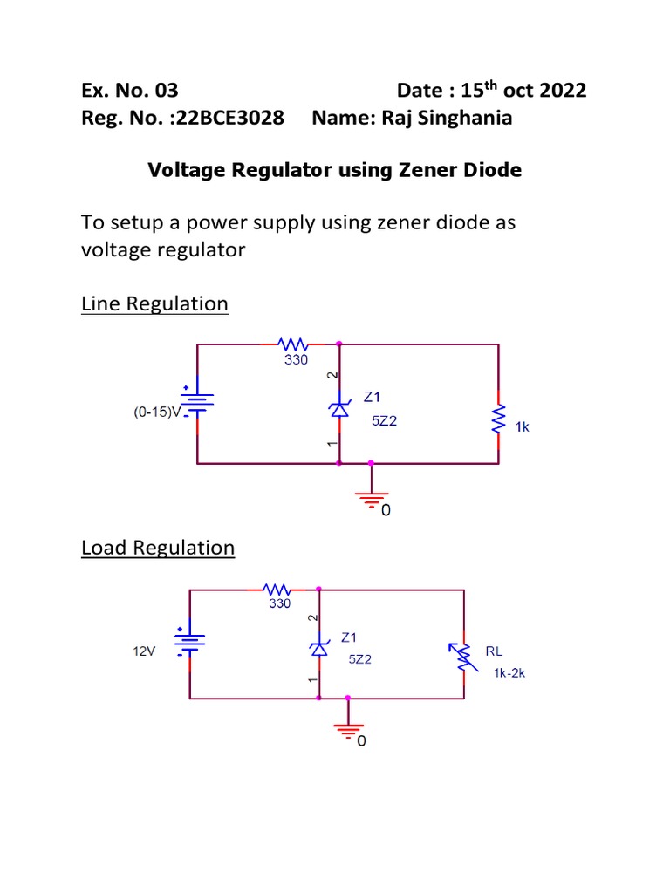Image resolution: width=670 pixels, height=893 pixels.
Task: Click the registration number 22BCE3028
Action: pos(229,119)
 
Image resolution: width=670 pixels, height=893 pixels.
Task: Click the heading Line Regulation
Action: pos(154,304)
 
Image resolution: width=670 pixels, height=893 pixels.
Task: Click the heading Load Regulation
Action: pos(158,548)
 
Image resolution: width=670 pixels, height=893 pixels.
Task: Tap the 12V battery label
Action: pos(144,651)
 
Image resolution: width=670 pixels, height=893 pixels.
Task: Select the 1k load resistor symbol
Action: pos(498,418)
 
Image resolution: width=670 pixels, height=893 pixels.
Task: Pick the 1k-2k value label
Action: pos(509,672)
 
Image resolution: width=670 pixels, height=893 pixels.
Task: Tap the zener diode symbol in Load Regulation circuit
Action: pos(319,647)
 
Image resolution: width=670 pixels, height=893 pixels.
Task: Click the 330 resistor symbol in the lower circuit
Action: pos(278,590)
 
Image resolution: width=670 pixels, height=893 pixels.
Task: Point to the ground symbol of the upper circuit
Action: pos(372,497)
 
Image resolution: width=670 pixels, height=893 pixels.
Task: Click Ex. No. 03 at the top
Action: pos(129,91)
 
